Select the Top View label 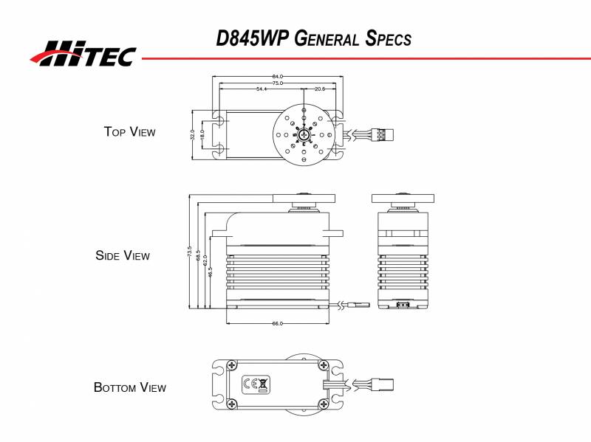(x=130, y=132)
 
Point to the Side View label (x=123, y=256)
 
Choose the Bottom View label (x=130, y=387)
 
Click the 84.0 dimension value (x=279, y=77)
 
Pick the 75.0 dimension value (x=279, y=83)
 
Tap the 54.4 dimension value (x=262, y=89)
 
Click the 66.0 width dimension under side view (x=278, y=323)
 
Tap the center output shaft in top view (x=303, y=134)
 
